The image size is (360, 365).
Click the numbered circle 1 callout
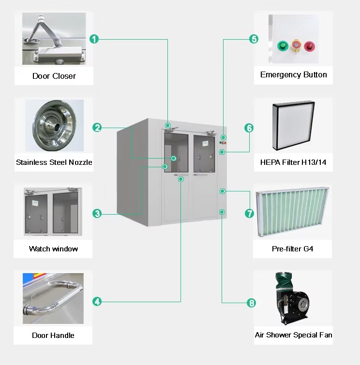[95, 39]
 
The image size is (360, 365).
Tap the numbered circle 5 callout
[254, 39]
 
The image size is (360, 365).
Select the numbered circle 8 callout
[251, 303]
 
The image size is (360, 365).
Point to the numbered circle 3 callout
[97, 213]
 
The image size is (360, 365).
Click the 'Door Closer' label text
[54, 76]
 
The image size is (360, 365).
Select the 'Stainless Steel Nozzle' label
[54, 162]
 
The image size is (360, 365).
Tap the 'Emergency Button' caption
[293, 75]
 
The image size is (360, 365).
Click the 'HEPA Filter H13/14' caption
[293, 162]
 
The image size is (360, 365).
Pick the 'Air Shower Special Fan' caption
[293, 335]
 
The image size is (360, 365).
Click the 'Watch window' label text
[53, 249]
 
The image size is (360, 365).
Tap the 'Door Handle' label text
[53, 336]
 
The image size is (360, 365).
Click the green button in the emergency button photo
[282, 46]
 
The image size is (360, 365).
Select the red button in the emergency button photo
[308, 46]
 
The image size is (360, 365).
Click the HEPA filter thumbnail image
[293, 127]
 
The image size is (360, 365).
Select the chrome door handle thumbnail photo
[53, 299]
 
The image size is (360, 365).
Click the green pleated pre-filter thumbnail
[293, 212]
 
